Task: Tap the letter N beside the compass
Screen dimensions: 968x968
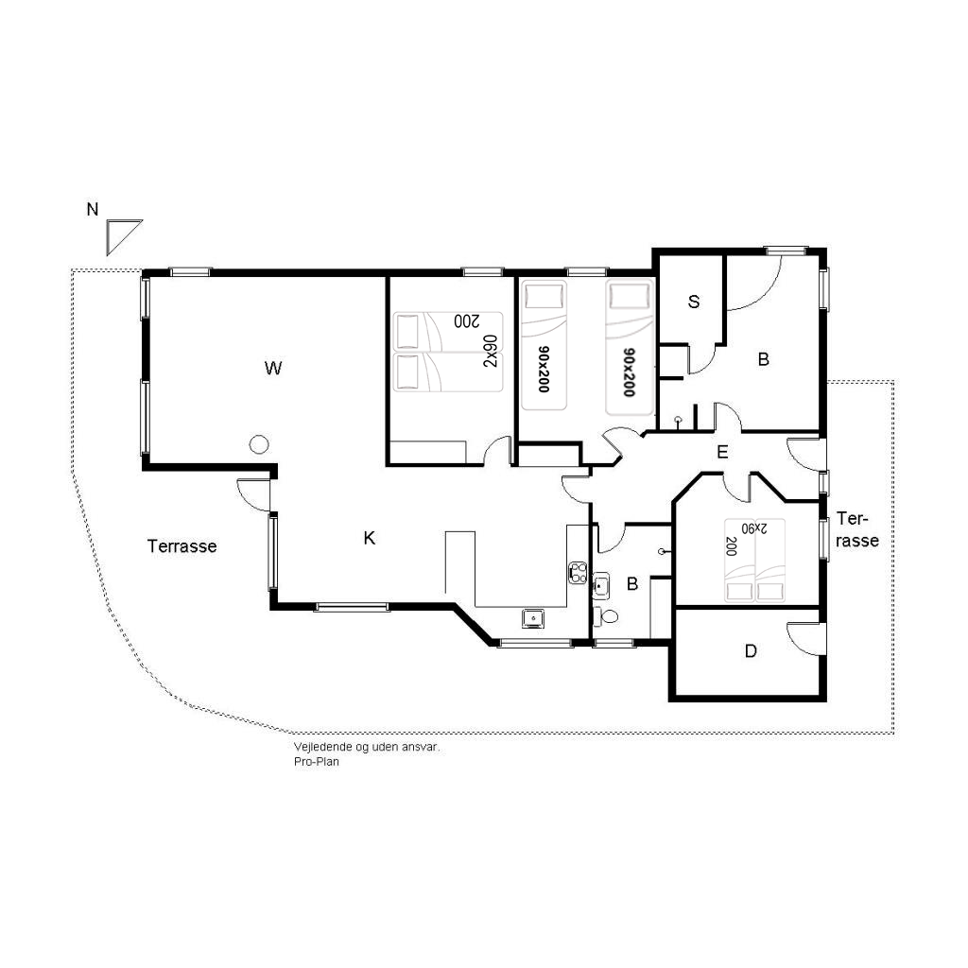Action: pyautogui.click(x=93, y=210)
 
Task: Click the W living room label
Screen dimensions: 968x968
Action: pyautogui.click(x=273, y=369)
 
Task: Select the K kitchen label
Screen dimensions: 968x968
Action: pyautogui.click(x=370, y=538)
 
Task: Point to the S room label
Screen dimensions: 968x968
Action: pyautogui.click(x=694, y=302)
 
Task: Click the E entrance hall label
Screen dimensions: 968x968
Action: pyautogui.click(x=722, y=453)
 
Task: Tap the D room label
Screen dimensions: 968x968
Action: pyautogui.click(x=751, y=650)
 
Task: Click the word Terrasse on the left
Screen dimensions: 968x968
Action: pyautogui.click(x=182, y=546)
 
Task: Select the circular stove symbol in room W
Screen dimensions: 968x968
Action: pyautogui.click(x=259, y=444)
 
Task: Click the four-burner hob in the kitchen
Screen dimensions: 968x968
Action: pyautogui.click(x=578, y=573)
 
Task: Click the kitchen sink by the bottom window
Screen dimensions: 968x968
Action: pyautogui.click(x=533, y=617)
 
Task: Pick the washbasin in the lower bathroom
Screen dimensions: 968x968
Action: pyautogui.click(x=601, y=586)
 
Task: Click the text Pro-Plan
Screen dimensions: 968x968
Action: pyautogui.click(x=316, y=762)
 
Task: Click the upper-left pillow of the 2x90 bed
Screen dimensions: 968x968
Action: pyautogui.click(x=407, y=332)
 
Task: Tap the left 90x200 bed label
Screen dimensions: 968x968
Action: pyautogui.click(x=544, y=370)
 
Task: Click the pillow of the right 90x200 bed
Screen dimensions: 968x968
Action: pyautogui.click(x=629, y=297)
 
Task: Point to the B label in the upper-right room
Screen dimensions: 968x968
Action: pyautogui.click(x=764, y=359)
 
